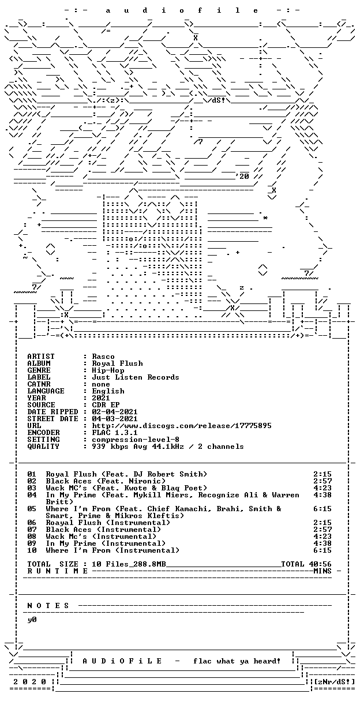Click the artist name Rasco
(x=103, y=357)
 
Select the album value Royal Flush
(x=117, y=363)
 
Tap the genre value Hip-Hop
(x=108, y=370)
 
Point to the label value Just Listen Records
(x=136, y=377)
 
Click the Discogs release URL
(x=182, y=426)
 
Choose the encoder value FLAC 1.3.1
(x=115, y=433)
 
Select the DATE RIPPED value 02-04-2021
(x=115, y=412)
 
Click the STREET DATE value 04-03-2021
(x=115, y=419)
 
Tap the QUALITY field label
(x=43, y=447)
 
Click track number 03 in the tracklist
(x=32, y=488)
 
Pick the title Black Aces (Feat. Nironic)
(x=106, y=481)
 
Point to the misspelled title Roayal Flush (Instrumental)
(x=108, y=523)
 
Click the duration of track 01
(x=322, y=474)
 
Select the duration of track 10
(x=322, y=550)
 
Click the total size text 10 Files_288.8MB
(x=129, y=564)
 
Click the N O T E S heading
(x=48, y=606)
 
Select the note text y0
(x=32, y=620)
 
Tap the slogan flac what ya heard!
(x=237, y=661)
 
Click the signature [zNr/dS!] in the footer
(x=334, y=682)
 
